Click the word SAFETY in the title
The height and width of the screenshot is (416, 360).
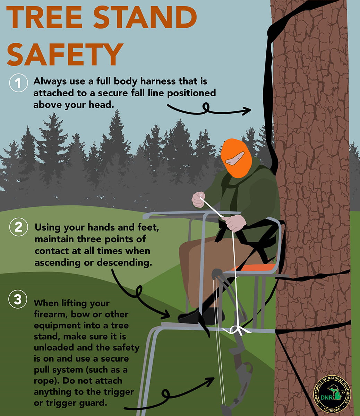pyautogui.click(x=65, y=54)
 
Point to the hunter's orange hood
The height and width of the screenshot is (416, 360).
pyautogui.click(x=235, y=153)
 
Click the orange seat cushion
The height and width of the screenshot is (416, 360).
pyautogui.click(x=253, y=267)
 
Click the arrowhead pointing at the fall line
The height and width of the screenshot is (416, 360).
pyautogui.click(x=247, y=111)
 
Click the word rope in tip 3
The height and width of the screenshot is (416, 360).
pyautogui.click(x=43, y=381)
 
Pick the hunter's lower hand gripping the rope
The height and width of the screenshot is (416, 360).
pyautogui.click(x=235, y=223)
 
